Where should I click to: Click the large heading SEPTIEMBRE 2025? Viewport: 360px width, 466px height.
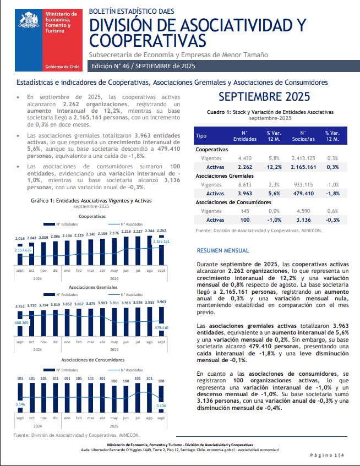click(x=264, y=97)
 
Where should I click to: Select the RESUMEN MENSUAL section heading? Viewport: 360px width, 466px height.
click(x=223, y=250)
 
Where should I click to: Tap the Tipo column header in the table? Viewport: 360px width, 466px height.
click(x=201, y=135)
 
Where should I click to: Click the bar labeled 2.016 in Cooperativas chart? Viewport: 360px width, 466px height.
click(x=20, y=254)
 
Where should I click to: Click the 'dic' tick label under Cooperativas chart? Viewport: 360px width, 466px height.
click(x=56, y=271)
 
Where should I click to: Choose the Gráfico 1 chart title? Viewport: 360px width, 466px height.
click(x=83, y=201)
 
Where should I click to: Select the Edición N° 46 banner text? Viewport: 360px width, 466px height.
click(x=143, y=66)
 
